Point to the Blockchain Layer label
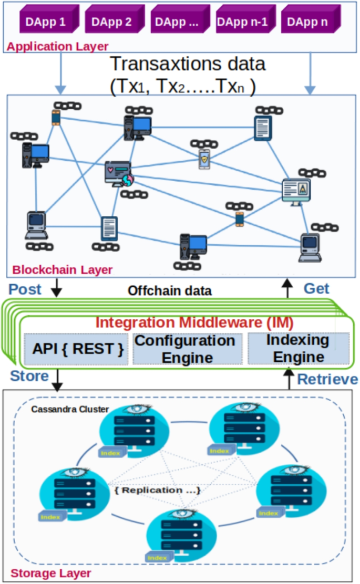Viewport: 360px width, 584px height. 62,270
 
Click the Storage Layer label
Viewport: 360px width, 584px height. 51,573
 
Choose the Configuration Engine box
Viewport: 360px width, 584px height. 185,349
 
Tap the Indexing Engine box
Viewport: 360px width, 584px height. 298,348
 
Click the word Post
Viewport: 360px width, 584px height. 25,289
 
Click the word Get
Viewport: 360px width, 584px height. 317,288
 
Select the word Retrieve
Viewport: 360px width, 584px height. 327,379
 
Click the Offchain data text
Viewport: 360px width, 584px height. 170,290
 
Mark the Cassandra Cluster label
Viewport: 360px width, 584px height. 63,409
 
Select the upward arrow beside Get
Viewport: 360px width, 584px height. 287,288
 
